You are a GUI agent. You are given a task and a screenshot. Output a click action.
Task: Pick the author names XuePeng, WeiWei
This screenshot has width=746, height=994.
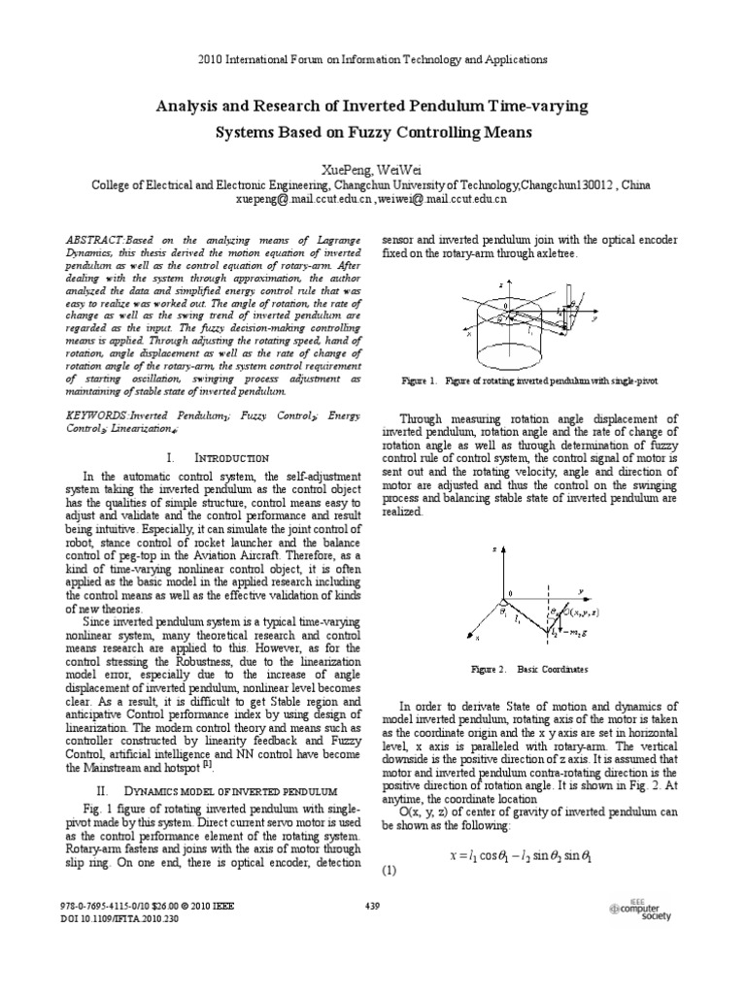pyautogui.click(x=373, y=169)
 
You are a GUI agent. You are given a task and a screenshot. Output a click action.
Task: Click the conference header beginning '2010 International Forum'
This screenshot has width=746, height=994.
pyautogui.click(x=373, y=59)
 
